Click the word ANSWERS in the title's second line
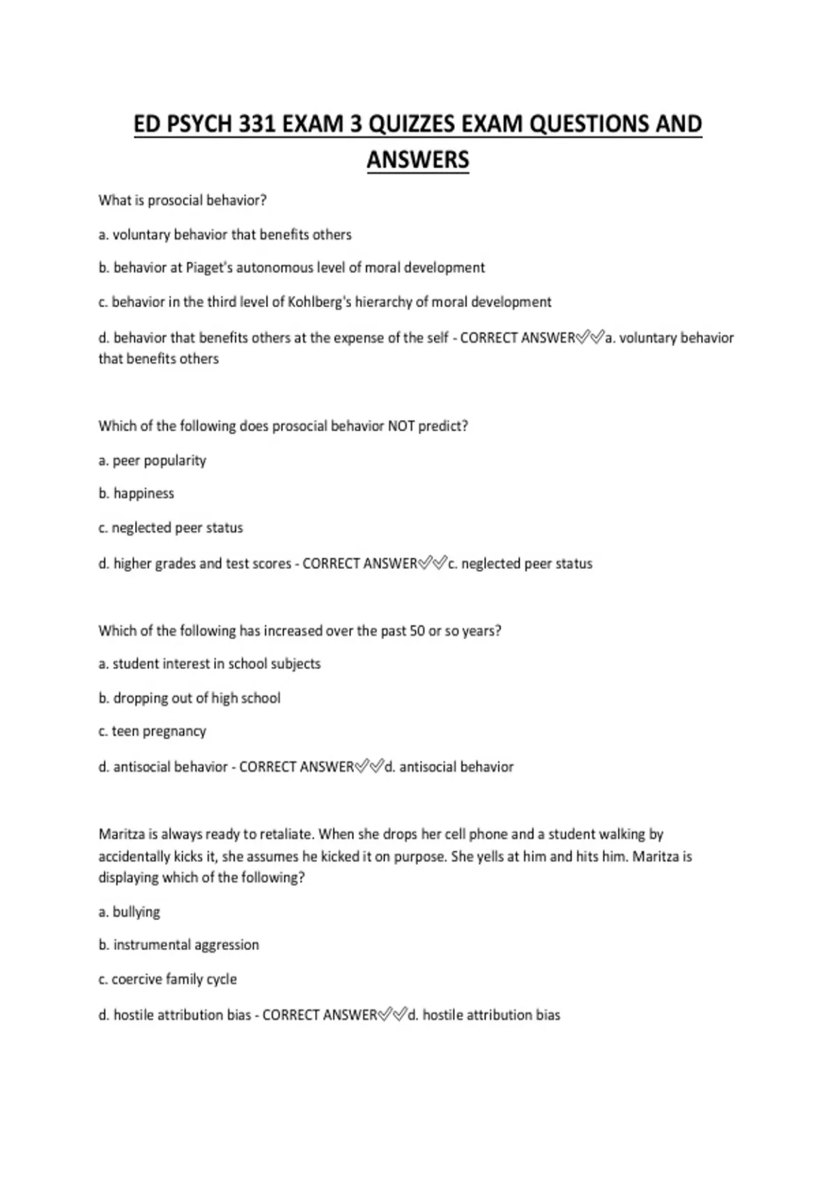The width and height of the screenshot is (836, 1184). (417, 159)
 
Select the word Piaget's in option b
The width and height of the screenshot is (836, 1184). (209, 268)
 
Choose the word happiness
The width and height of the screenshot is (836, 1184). (144, 493)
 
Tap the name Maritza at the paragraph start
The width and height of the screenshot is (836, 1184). (121, 834)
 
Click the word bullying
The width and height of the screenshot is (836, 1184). (136, 912)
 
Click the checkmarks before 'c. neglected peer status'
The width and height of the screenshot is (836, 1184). (432, 563)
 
